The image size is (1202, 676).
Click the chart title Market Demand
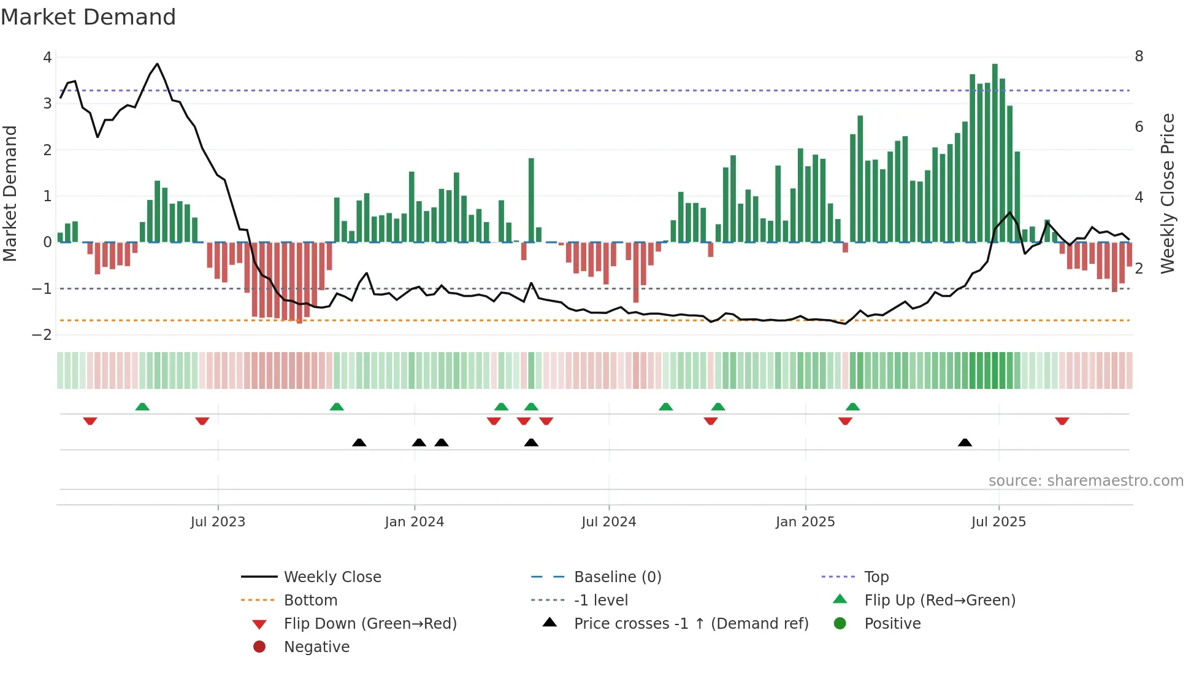[x=88, y=17]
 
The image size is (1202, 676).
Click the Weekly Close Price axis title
[x=1168, y=193]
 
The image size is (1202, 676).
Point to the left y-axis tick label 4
[x=47, y=58]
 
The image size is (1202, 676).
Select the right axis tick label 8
[x=1139, y=56]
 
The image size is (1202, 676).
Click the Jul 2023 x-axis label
[x=218, y=522]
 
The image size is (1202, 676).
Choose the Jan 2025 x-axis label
[x=805, y=522]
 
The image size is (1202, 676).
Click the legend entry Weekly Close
[x=332, y=577]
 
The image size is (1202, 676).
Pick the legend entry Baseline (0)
[x=617, y=577]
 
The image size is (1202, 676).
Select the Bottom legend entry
[x=310, y=601]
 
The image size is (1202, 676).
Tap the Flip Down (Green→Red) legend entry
[x=370, y=624]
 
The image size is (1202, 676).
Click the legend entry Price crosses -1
[x=691, y=624]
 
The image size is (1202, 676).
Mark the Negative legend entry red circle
[x=259, y=647]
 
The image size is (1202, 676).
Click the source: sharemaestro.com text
[x=1085, y=481]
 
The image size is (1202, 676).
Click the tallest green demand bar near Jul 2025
[x=995, y=153]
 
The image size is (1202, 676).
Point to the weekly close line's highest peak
[x=158, y=64]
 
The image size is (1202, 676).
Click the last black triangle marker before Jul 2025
[x=965, y=442]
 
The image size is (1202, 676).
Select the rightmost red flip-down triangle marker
[x=1062, y=421]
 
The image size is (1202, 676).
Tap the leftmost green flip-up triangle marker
[x=142, y=407]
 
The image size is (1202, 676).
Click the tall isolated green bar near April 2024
[x=531, y=199]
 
